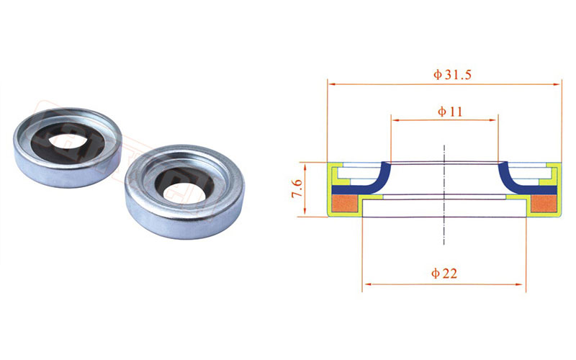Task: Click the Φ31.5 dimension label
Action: click(x=452, y=75)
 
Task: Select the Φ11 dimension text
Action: click(x=450, y=111)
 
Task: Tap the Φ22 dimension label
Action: click(x=444, y=274)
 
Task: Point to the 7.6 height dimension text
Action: click(x=297, y=189)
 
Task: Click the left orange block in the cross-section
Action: click(x=344, y=204)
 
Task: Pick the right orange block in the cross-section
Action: click(x=544, y=204)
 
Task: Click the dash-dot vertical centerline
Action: click(x=444, y=194)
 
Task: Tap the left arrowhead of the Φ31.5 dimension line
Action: click(x=332, y=84)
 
